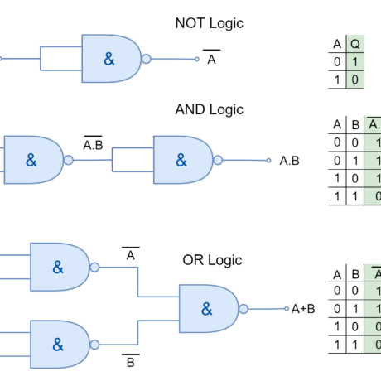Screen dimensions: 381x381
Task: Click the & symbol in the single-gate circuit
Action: coord(109,59)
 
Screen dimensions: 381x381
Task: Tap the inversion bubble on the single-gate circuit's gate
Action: coord(147,59)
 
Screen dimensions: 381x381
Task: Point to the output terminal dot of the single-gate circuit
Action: coord(196,59)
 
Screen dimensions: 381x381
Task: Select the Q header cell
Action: coord(355,44)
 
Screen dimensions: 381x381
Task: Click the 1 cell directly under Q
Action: coord(355,62)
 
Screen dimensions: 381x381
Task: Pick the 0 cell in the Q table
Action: coord(355,80)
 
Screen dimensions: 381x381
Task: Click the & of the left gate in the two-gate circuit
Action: coord(31,160)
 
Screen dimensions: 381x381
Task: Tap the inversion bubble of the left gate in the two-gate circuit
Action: coord(69,160)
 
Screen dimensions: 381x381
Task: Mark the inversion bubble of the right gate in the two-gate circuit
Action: coord(219,160)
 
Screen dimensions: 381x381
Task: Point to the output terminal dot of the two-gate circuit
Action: coord(268,160)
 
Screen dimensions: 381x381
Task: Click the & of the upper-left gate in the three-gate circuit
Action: coord(58,267)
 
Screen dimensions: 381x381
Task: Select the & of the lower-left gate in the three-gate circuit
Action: coord(58,344)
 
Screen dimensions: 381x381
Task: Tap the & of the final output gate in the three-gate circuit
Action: coord(207,308)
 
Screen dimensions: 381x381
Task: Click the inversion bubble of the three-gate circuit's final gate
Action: coord(244,308)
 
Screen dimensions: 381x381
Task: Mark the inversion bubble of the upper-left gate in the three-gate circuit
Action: coord(95,267)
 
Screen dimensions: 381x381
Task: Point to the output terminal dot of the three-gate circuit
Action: coord(287,308)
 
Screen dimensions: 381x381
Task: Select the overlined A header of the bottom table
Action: coord(374,273)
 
